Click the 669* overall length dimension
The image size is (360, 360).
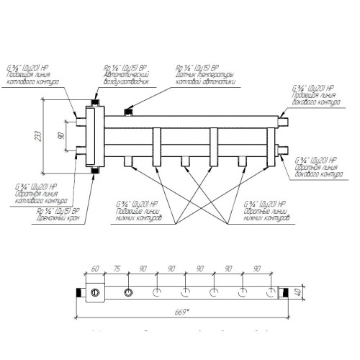coord(188,312)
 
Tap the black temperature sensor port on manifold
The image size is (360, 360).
coord(130,111)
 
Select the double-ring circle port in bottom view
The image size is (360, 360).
coord(128,293)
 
